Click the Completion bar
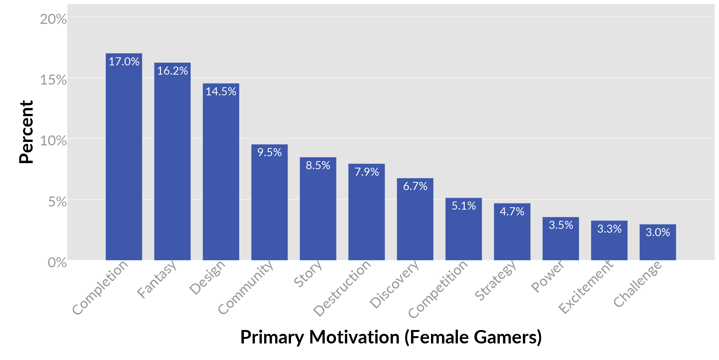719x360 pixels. [x=124, y=162]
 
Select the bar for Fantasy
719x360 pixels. [x=172, y=165]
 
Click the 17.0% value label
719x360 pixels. [x=124, y=62]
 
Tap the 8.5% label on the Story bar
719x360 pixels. [x=318, y=165]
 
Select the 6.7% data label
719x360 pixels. [x=415, y=186]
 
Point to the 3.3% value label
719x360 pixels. [x=609, y=229]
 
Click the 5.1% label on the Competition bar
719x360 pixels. [x=464, y=206]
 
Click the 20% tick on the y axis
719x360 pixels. [x=53, y=19]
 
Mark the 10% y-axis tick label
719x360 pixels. [x=53, y=141]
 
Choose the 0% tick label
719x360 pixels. [x=57, y=263]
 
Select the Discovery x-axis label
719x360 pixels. [x=394, y=285]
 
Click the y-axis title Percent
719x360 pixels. [x=27, y=132]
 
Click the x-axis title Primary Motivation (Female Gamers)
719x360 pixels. [x=391, y=337]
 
